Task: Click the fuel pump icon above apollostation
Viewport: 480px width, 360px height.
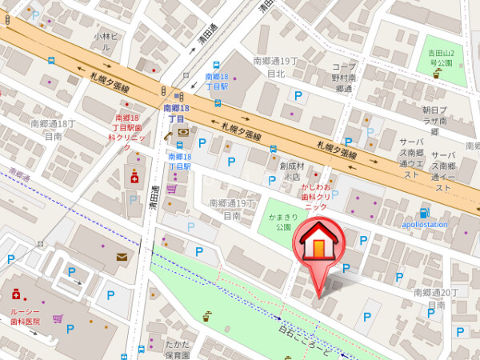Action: pos(424,213)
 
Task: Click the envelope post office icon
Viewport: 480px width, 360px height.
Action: pos(122,257)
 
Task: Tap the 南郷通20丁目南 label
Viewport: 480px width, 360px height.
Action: pos(436,299)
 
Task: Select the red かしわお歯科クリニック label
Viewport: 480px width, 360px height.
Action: pos(316,196)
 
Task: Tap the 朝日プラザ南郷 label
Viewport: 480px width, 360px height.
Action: pos(436,119)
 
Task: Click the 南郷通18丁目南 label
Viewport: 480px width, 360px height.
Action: pos(53,130)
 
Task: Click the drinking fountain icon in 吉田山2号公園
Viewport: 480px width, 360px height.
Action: pos(437,74)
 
